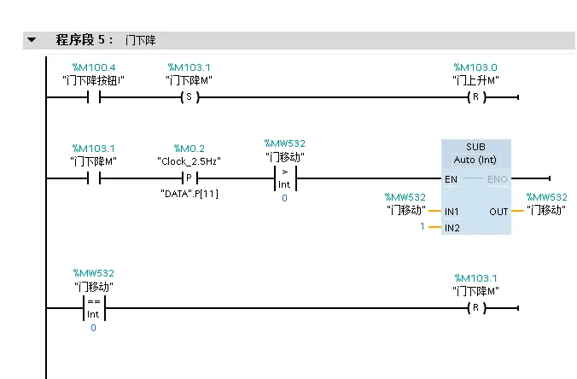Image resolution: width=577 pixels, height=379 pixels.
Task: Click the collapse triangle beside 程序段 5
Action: click(32, 40)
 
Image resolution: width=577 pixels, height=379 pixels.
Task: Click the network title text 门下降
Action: click(140, 40)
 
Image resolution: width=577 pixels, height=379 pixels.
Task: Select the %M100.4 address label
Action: click(94, 67)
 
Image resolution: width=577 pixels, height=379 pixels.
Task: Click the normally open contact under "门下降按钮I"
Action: click(94, 97)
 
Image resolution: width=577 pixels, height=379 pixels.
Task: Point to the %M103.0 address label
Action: click(475, 67)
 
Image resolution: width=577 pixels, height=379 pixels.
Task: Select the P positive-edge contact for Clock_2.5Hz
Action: click(189, 178)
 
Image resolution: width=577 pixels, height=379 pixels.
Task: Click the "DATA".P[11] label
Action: click(189, 194)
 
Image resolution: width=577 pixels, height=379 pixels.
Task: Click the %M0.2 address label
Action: click(189, 149)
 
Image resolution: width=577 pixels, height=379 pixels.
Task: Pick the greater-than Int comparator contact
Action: click(284, 179)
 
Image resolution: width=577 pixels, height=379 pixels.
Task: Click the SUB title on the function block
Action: click(475, 147)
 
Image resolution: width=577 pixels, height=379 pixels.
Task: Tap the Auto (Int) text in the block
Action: click(475, 160)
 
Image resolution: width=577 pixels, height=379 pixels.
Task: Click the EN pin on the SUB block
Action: click(451, 179)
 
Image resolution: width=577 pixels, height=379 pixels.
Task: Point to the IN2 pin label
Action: click(452, 228)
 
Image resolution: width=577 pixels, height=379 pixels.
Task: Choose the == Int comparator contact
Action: click(94, 307)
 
